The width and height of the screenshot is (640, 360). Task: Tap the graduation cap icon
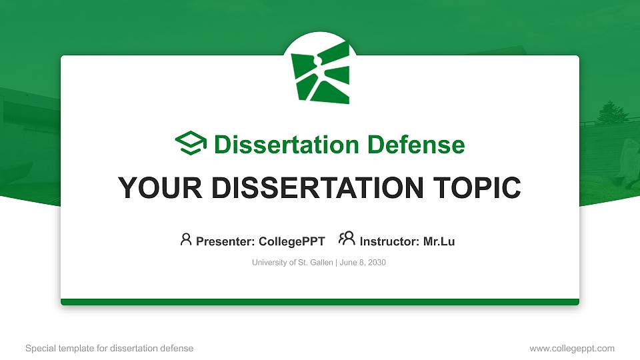point(191,143)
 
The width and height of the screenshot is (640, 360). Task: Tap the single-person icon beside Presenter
point(186,239)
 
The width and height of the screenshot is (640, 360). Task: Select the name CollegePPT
point(292,241)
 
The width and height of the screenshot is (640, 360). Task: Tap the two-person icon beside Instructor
point(347,239)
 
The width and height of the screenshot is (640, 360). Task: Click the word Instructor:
point(390,241)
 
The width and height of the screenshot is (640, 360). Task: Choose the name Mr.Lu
point(439,241)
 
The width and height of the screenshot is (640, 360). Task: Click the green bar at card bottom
point(320,302)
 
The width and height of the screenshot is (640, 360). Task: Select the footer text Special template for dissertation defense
point(109,348)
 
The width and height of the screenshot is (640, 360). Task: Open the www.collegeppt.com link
point(572,348)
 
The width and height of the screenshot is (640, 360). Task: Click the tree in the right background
point(609,113)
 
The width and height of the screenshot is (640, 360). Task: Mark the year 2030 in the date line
point(377,263)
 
